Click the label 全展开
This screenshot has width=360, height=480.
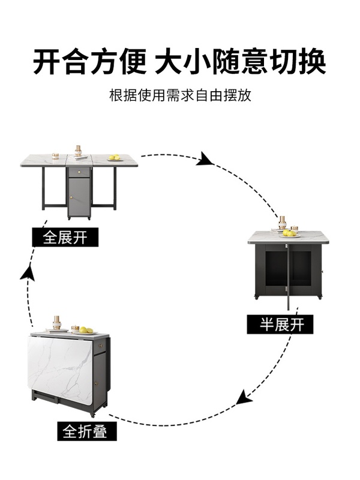64,238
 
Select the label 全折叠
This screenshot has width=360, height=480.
86,430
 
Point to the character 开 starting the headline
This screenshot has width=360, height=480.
47,62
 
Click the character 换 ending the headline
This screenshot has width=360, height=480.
310,62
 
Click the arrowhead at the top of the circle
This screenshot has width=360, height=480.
205,159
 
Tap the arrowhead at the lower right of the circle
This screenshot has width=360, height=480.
243,397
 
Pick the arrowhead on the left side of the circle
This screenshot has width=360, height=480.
26,272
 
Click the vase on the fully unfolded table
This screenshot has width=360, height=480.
78,151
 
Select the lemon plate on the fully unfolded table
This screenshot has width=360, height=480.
113,158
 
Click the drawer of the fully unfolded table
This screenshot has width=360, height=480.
79,172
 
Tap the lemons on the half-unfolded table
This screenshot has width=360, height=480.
290,233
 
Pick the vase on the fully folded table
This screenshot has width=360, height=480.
57,323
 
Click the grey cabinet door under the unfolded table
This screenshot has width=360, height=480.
79,197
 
